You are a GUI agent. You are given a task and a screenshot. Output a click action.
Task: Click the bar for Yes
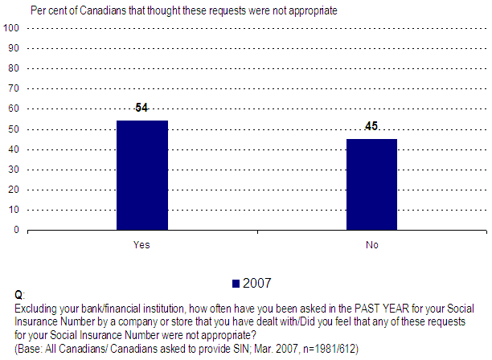click(x=142, y=175)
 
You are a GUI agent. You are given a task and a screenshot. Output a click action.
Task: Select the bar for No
click(x=371, y=184)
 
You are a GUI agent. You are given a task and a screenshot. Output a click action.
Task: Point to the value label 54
click(x=142, y=108)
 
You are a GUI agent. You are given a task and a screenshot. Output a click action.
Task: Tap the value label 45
click(x=371, y=126)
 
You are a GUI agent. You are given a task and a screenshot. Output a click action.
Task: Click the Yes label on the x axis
click(x=141, y=244)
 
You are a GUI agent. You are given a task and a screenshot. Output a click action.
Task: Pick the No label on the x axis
click(x=371, y=244)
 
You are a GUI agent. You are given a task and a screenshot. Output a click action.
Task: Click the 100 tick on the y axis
click(x=12, y=28)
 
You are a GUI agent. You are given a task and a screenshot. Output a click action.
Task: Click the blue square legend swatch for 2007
click(x=236, y=283)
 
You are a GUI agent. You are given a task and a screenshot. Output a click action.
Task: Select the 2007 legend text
click(x=257, y=283)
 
